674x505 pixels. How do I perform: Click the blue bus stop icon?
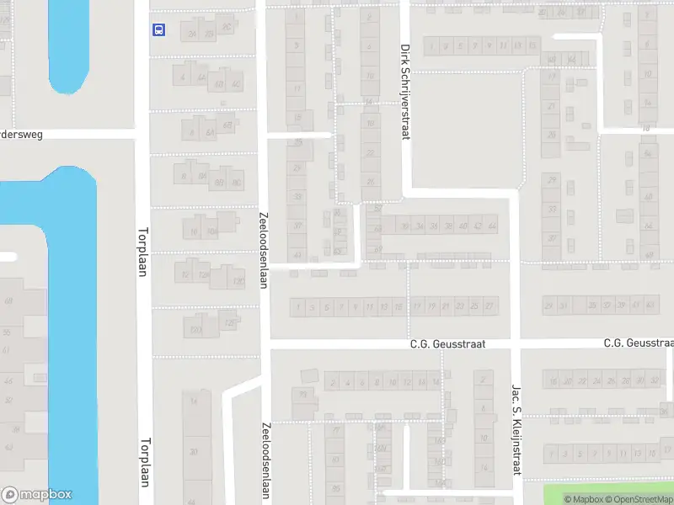[158, 29]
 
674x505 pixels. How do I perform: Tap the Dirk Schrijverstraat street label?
[405, 93]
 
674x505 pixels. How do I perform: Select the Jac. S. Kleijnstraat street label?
[516, 429]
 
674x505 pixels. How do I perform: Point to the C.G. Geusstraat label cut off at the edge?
[639, 343]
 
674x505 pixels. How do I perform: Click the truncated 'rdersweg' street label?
[21, 134]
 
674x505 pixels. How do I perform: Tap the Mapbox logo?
[36, 495]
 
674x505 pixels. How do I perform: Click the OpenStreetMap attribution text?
[638, 500]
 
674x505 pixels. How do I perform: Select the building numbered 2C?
[226, 27]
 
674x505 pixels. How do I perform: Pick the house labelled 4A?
[200, 77]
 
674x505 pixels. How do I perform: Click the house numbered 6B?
[219, 84]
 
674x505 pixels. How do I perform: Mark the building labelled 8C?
[236, 182]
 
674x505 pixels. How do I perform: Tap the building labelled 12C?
[238, 281]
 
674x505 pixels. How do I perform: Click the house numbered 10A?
[211, 231]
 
